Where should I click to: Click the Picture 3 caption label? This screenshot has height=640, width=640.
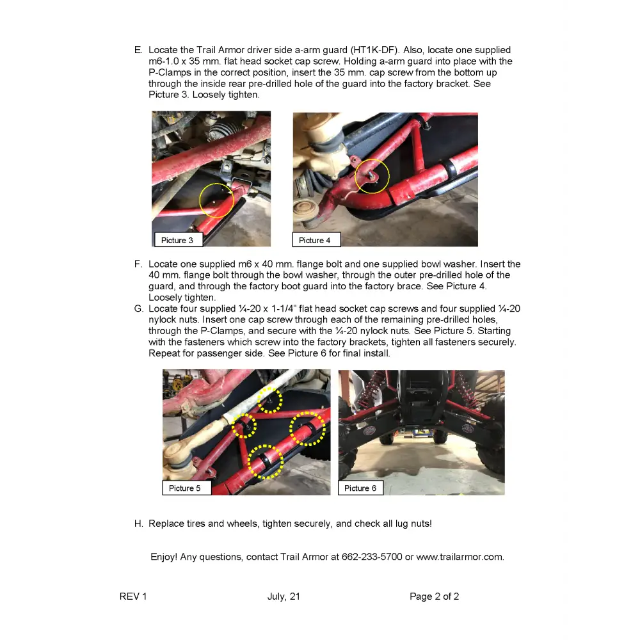point(178,240)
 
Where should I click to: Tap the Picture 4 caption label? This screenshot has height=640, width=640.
point(316,240)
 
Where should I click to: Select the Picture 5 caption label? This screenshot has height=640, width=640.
point(186,488)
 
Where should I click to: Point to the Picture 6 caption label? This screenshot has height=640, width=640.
point(360,488)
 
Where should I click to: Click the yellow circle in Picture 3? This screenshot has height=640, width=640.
point(216,200)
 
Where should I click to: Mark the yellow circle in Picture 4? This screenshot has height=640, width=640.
point(372,176)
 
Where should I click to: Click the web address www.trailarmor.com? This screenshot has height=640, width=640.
point(460,557)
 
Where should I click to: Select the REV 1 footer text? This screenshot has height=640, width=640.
point(133,596)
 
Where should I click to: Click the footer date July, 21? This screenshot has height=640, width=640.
point(284,596)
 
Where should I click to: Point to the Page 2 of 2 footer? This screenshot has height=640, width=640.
point(434,596)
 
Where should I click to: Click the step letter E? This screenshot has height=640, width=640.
point(138,50)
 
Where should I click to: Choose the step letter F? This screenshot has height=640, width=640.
point(138,264)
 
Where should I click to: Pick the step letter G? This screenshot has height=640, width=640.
point(139,308)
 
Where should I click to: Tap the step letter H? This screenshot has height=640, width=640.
point(138,524)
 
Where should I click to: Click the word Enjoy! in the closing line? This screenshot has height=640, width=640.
point(164,557)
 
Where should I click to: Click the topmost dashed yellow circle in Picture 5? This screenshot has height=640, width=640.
point(269,399)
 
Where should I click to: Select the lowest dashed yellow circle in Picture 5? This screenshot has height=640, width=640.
point(265,462)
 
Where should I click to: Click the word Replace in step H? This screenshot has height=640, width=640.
point(166,524)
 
